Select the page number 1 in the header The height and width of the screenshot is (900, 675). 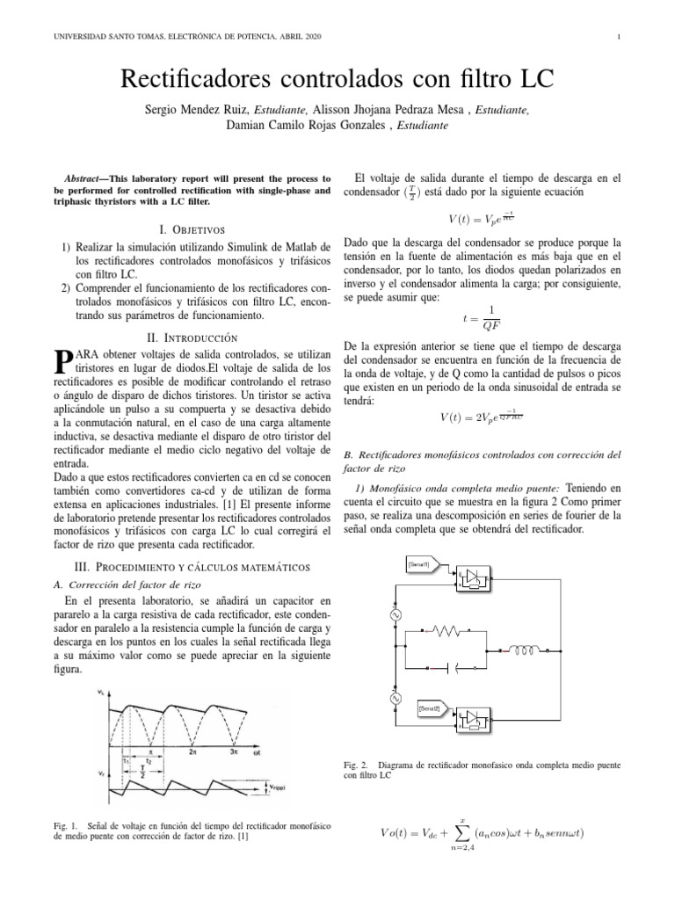[x=620, y=36]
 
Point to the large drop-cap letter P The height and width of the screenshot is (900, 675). [x=62, y=360]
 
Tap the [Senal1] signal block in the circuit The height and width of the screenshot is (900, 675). [x=418, y=562]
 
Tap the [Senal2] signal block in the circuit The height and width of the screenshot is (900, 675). [x=418, y=707]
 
